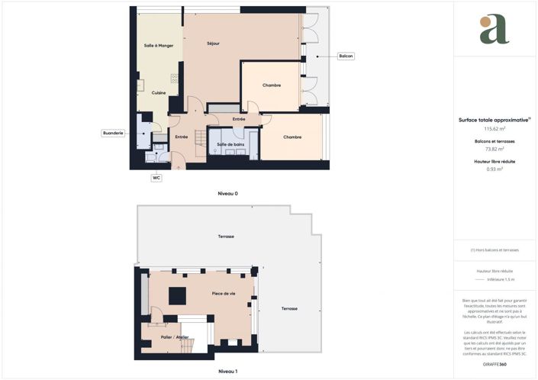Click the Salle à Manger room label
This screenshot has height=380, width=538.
click(159, 47)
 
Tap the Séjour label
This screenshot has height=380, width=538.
click(214, 43)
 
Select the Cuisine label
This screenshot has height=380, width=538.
click(159, 93)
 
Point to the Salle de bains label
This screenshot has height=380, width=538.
click(230, 144)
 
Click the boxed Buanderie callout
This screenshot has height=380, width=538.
click(114, 134)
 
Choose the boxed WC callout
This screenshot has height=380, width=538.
click(156, 178)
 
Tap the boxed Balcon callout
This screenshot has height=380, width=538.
click(346, 56)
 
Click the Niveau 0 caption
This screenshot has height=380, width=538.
click(228, 194)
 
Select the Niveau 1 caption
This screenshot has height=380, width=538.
click(228, 371)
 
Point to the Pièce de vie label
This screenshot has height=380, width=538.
click(224, 293)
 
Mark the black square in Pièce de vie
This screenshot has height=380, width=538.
click(177, 295)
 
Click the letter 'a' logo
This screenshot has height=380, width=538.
click(495, 29)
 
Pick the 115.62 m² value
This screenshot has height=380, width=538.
click(495, 129)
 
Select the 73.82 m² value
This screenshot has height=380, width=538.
click(495, 149)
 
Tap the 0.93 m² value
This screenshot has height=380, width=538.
click(495, 169)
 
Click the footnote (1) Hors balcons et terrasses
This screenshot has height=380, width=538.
click(495, 250)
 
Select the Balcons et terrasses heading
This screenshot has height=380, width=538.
click(495, 141)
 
